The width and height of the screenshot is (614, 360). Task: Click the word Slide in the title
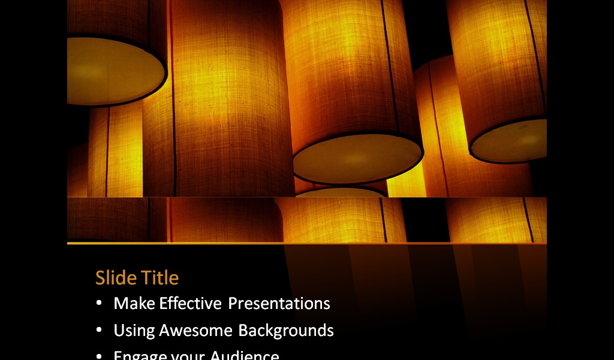[x=115, y=278]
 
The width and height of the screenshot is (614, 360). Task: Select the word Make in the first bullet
[x=134, y=304]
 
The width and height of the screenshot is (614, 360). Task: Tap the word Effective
[x=190, y=304]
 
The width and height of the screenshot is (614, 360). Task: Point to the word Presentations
[x=279, y=304]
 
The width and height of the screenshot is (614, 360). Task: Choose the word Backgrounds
[x=286, y=331]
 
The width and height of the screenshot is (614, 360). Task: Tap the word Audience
[x=245, y=355]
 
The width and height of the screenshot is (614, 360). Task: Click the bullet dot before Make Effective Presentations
[x=99, y=304]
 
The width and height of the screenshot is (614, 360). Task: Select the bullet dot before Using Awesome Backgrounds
[x=99, y=331]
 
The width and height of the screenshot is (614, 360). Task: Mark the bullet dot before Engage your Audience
[x=99, y=355]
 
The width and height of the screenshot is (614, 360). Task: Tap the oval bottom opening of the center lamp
[x=357, y=158]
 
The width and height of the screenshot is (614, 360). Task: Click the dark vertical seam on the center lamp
[x=390, y=66]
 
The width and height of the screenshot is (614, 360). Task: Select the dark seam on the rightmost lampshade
[x=535, y=54]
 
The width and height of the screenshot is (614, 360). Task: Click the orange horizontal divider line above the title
[x=307, y=244]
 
